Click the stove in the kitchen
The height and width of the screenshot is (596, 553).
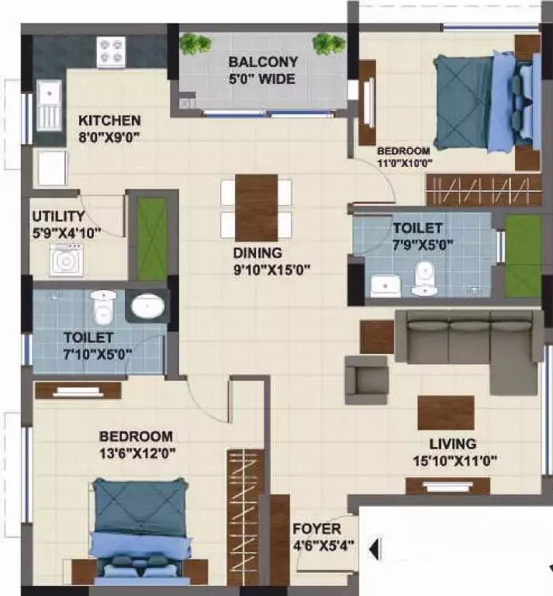pos(111,52)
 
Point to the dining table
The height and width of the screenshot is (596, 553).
pos(256,206)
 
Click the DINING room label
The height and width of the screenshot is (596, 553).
pos(257,253)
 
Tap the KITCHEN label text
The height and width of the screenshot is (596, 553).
pos(109,121)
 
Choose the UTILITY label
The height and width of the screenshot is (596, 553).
pos(58,216)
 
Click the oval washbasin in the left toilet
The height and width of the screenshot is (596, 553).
pos(145,307)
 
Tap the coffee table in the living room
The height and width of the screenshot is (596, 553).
pos(445,413)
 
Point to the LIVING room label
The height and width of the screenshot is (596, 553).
pos(453,445)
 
